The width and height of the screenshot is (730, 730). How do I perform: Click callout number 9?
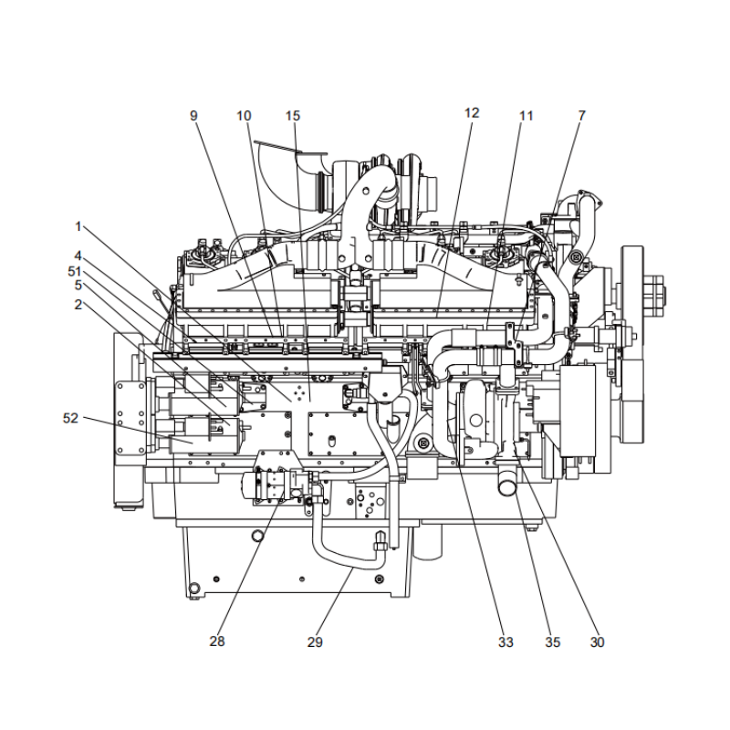[193, 116]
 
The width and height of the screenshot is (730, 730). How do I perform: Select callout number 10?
[244, 116]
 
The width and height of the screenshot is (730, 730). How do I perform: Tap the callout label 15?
[292, 116]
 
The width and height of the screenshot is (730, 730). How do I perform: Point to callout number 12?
[472, 113]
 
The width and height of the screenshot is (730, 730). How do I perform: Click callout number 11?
[527, 116]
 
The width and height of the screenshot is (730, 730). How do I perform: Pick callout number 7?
[581, 116]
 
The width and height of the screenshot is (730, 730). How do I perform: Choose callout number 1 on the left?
[79, 224]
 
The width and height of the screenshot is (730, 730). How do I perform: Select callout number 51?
[75, 271]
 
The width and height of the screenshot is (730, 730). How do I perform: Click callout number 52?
[70, 418]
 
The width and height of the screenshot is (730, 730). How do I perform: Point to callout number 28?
[217, 642]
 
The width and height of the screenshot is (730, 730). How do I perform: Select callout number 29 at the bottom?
[315, 642]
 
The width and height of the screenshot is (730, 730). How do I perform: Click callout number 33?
[506, 642]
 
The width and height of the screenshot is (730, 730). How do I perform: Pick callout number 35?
[553, 642]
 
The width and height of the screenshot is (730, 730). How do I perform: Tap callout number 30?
[597, 642]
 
